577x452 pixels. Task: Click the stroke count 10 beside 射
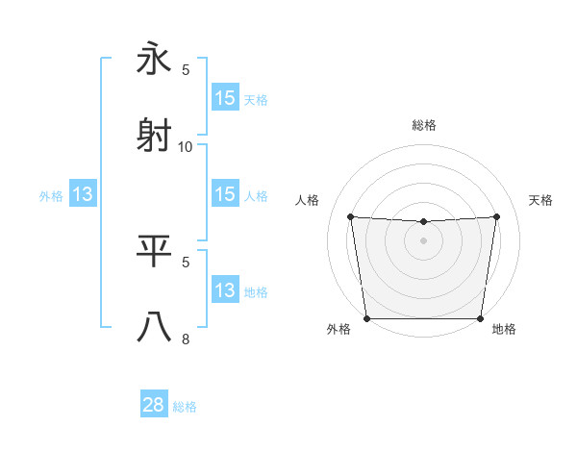pyautogui.click(x=186, y=146)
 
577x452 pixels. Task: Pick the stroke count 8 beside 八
pyautogui.click(x=186, y=339)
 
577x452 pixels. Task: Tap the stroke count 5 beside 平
pyautogui.click(x=186, y=262)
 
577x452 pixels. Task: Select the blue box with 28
pyautogui.click(x=154, y=406)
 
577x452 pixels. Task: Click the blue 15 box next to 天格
pyautogui.click(x=225, y=98)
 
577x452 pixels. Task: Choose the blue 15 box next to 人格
pyautogui.click(x=225, y=194)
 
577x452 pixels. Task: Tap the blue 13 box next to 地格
pyautogui.click(x=225, y=290)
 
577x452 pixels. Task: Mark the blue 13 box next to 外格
pyautogui.click(x=83, y=194)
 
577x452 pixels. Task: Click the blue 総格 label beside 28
pyautogui.click(x=185, y=407)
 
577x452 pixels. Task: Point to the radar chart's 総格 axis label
pyautogui.click(x=423, y=125)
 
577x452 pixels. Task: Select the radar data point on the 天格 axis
pyautogui.click(x=497, y=216)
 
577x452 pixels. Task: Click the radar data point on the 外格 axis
pyautogui.click(x=366, y=318)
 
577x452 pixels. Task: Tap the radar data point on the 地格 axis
pyautogui.click(x=480, y=318)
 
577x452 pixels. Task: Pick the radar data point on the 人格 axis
pyautogui.click(x=350, y=216)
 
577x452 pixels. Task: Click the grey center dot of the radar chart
pyautogui.click(x=423, y=240)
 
